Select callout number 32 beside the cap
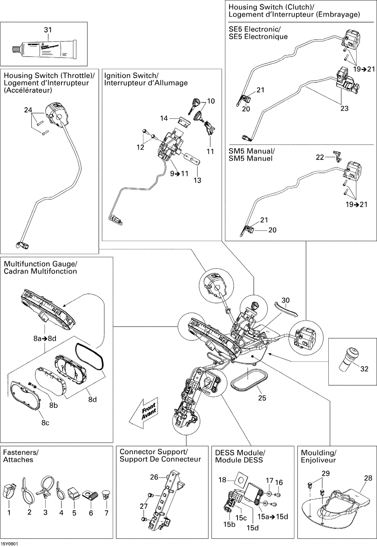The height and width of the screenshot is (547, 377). (x=364, y=369)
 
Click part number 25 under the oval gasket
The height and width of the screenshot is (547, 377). (x=262, y=398)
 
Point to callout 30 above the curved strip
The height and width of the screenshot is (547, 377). (x=286, y=300)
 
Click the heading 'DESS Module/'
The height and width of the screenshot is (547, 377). (x=240, y=453)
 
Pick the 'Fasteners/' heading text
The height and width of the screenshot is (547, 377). (x=21, y=452)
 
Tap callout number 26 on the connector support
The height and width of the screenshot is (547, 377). (x=154, y=477)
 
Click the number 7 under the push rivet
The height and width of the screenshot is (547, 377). (x=107, y=513)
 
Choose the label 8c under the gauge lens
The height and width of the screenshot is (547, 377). (x=45, y=423)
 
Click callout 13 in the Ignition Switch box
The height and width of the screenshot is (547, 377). (x=198, y=180)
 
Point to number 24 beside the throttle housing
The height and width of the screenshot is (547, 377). (x=28, y=110)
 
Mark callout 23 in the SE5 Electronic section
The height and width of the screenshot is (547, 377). (x=344, y=108)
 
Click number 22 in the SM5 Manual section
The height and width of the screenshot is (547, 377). (x=320, y=157)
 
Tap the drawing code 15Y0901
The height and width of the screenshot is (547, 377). (x=9, y=544)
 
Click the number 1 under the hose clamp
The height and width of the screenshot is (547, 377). (x=9, y=513)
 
